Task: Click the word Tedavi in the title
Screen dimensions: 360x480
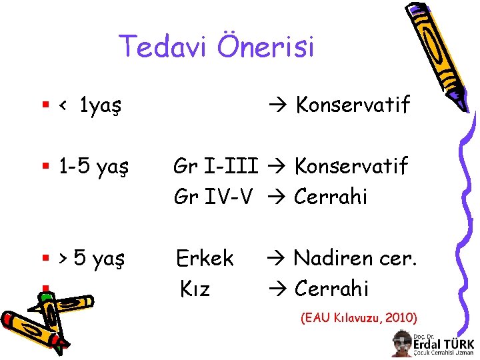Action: click(159, 47)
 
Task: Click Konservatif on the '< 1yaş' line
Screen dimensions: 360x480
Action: click(353, 105)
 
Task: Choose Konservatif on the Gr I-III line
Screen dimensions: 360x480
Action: click(351, 166)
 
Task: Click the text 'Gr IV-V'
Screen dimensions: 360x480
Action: click(213, 197)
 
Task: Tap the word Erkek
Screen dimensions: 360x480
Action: click(205, 258)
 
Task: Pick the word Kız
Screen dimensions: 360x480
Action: click(195, 289)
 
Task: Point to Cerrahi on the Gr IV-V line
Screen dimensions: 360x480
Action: click(331, 197)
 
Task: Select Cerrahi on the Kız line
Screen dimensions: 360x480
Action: click(331, 289)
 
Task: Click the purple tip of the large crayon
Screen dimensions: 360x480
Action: click(460, 100)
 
